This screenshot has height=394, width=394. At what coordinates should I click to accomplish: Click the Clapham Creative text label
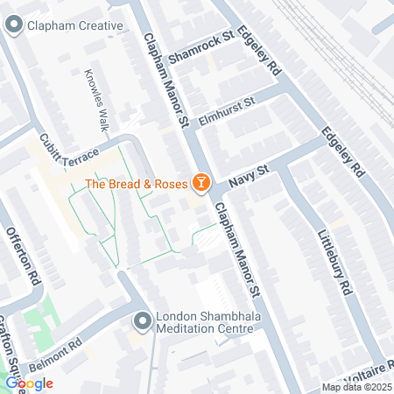[x=74, y=26]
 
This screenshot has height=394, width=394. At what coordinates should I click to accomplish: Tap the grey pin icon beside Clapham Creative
[x=13, y=26]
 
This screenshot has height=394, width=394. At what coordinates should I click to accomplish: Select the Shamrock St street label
[x=205, y=45]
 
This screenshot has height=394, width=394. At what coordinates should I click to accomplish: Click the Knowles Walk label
[x=95, y=99]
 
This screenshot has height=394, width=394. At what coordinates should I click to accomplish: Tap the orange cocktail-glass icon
[x=201, y=182]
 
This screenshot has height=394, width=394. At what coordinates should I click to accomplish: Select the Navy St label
[x=246, y=173]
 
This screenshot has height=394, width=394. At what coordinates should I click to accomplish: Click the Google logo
[x=29, y=383]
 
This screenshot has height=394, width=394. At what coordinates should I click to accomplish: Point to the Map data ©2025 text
[x=355, y=387]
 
